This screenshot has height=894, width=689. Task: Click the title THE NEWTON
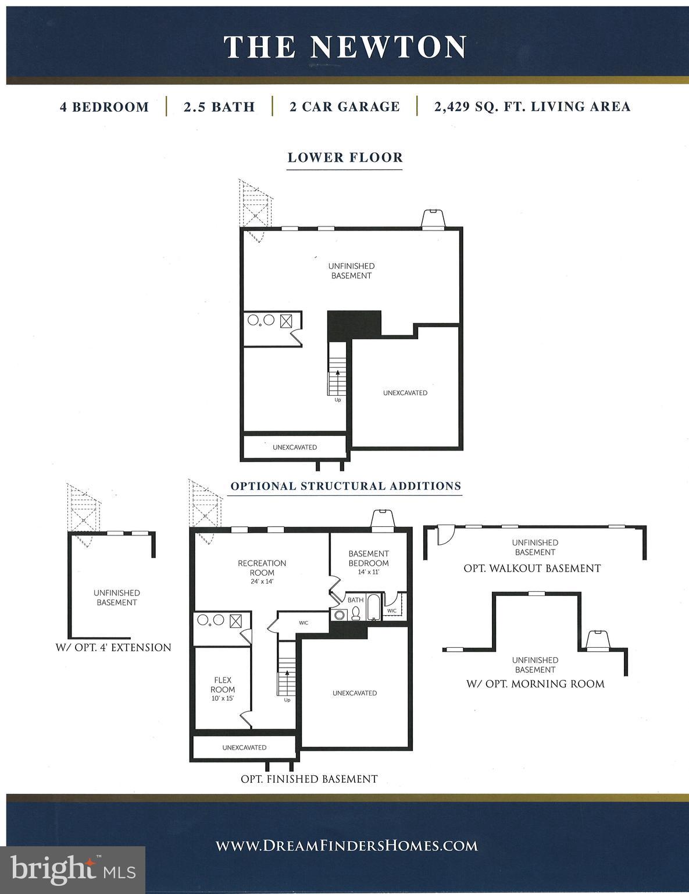[345, 47]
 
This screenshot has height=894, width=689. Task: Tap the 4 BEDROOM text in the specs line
[105, 107]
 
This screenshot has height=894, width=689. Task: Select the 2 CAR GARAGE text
[345, 107]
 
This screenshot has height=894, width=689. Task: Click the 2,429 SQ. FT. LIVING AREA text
[532, 107]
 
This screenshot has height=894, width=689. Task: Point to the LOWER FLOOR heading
[345, 158]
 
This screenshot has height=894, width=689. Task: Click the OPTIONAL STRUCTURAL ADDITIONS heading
[346, 487]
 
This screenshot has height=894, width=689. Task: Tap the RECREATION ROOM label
[262, 568]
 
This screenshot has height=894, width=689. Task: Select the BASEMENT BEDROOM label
[369, 559]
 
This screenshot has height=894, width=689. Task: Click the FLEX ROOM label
[223, 684]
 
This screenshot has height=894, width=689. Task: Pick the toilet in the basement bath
[355, 613]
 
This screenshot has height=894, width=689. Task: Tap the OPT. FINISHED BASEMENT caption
[309, 779]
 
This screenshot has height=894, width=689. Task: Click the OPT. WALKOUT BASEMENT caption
[532, 569]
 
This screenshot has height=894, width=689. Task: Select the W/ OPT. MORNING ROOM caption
[536, 684]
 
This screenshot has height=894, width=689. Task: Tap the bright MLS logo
[73, 870]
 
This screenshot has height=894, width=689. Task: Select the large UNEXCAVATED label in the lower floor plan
[405, 393]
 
